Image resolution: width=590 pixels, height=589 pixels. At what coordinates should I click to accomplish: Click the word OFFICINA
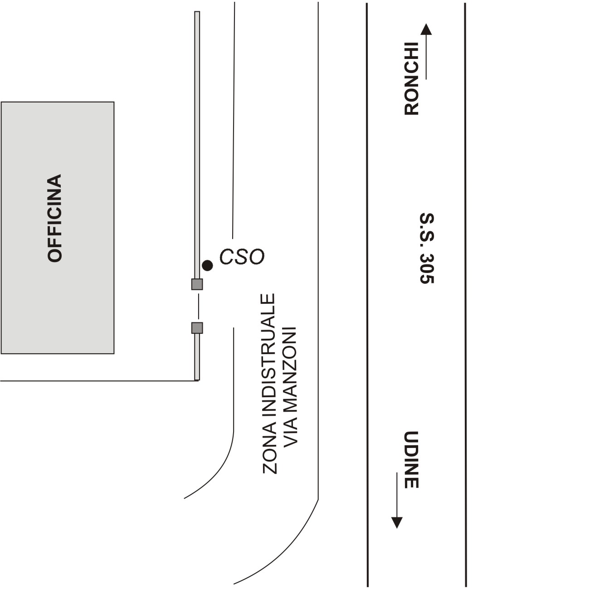point(54,218)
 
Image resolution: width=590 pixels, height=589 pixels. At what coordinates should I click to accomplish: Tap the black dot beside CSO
point(207,266)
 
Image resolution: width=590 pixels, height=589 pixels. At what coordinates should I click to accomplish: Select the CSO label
point(242,257)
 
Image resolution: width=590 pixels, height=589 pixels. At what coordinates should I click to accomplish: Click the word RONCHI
point(411,79)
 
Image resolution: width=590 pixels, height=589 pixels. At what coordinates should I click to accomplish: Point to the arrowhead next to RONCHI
point(426,29)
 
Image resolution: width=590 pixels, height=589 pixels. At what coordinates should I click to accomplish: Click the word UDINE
point(411,459)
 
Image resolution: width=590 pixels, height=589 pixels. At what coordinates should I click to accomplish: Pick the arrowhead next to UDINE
point(397,523)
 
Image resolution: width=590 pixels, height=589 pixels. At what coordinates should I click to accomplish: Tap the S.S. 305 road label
point(426,248)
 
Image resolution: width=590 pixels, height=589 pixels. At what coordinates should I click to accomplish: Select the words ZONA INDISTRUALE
point(269,384)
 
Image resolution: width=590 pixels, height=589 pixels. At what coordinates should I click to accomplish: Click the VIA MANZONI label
point(290,385)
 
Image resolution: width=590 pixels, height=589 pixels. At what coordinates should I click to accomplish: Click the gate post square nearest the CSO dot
point(197,284)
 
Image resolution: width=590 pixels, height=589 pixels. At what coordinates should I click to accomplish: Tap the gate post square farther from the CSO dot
point(197,327)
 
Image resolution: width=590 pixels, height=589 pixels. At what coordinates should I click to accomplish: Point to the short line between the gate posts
point(198,306)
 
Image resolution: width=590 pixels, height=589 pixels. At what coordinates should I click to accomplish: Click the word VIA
point(290,430)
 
